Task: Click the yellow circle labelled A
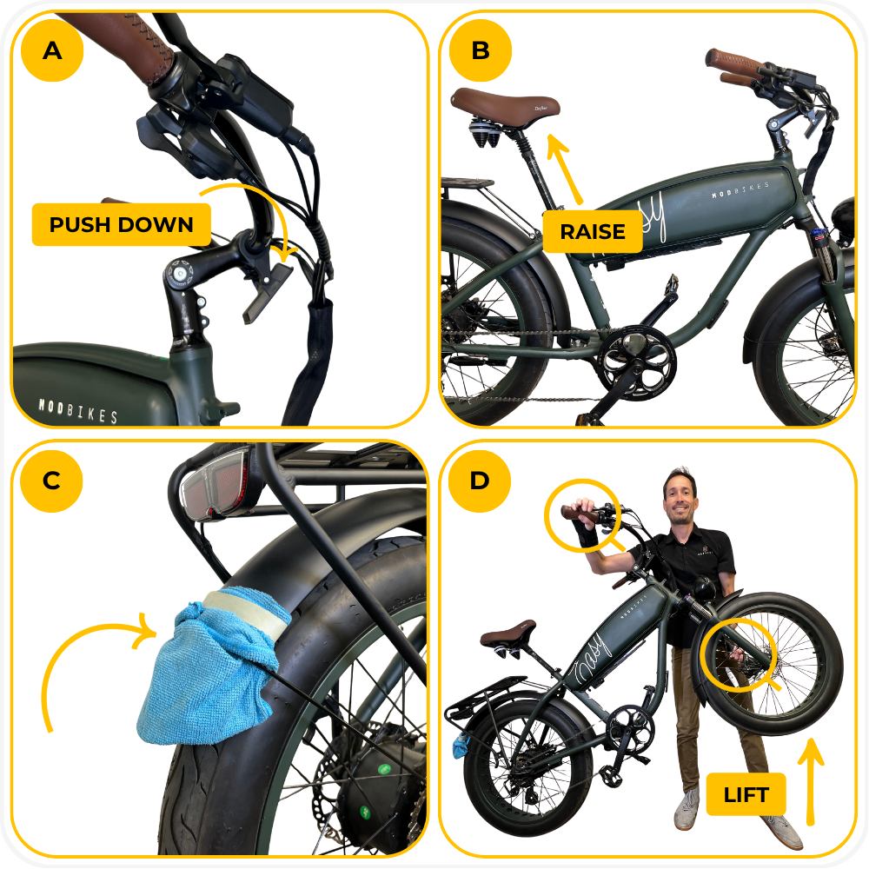click(52, 50)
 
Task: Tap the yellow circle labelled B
click(481, 50)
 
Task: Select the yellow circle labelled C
click(51, 481)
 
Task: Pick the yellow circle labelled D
click(480, 481)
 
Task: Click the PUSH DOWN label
click(122, 224)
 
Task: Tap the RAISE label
click(593, 232)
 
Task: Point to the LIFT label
click(746, 795)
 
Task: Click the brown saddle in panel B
click(504, 106)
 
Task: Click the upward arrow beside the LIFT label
click(810, 781)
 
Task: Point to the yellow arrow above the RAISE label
click(566, 169)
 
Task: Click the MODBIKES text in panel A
click(77, 410)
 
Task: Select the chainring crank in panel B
click(636, 363)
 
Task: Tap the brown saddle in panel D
click(507, 633)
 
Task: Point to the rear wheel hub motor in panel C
click(377, 787)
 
